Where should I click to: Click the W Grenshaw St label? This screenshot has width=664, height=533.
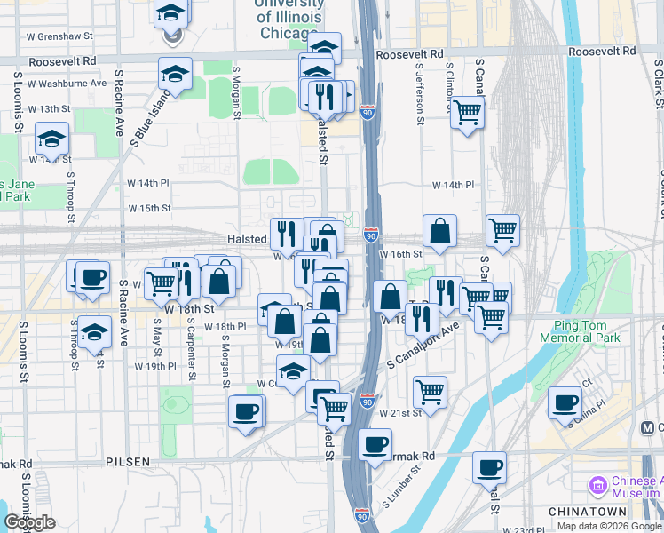59,37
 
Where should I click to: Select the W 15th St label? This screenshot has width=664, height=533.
149,209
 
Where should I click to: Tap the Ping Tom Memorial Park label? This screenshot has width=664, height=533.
586,332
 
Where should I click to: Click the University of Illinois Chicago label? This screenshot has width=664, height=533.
290,20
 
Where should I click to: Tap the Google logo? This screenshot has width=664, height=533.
30,523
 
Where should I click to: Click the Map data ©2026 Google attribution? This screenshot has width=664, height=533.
610,526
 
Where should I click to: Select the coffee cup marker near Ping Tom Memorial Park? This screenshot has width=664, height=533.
565,403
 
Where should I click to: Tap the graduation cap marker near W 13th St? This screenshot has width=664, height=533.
52,139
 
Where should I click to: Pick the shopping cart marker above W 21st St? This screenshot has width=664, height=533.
431,391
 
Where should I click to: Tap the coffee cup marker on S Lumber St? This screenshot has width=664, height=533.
375,442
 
